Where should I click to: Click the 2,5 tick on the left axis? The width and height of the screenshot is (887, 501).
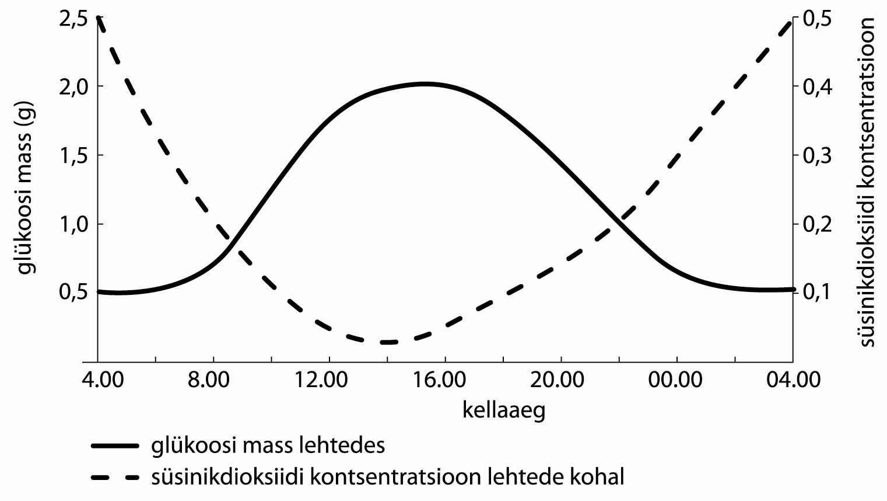tap(73, 19)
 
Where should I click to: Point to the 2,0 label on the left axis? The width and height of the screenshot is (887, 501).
tap(73, 86)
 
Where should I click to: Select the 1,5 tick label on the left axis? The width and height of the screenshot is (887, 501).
tap(73, 155)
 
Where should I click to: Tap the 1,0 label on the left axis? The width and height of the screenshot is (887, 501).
tap(73, 224)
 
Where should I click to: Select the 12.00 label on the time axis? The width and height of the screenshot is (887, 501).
tap(328, 380)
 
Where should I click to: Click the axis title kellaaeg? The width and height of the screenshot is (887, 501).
tap(504, 410)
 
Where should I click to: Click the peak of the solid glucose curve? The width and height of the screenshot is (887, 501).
tap(426, 84)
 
